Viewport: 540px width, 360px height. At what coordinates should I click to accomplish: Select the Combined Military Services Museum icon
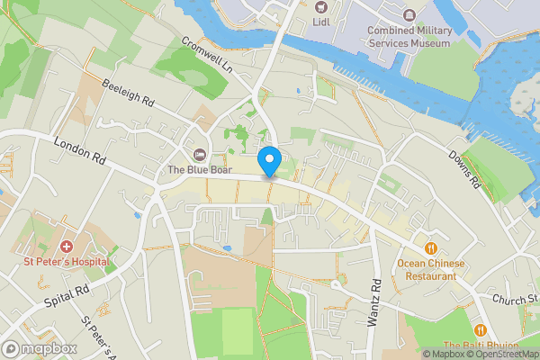coord(409,15)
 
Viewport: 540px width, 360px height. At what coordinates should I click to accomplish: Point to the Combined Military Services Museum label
coord(408,37)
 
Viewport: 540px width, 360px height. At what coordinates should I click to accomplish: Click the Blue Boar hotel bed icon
coord(200,154)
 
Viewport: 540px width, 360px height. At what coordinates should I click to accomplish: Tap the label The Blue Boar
coord(200,170)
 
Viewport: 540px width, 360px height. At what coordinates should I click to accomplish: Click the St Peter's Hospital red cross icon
coord(66,246)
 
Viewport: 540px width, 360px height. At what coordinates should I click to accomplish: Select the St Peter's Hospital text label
coord(67,262)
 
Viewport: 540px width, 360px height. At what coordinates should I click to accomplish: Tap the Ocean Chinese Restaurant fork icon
coord(431,247)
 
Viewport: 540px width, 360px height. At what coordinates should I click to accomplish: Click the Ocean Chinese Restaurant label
coord(431,270)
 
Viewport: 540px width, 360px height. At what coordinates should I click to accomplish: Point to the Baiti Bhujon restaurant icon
coord(479,330)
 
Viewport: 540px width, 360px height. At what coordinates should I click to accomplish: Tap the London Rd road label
coord(81,150)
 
